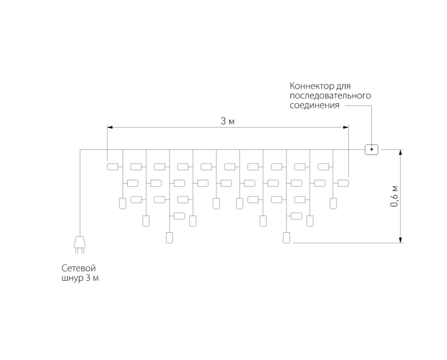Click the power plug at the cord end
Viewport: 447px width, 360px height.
click(79, 244)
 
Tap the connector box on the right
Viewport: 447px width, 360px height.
click(371, 150)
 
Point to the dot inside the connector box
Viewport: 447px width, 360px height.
click(371, 150)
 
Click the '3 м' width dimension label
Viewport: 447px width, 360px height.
click(228, 121)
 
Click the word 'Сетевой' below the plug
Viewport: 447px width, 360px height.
click(79, 268)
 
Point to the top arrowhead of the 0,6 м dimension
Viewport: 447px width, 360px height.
click(401, 153)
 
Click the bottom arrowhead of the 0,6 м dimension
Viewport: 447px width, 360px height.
click(401, 239)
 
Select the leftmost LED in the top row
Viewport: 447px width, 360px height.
click(112, 167)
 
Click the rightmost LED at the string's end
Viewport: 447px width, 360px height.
click(343, 183)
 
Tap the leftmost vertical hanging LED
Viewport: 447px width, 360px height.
click(123, 203)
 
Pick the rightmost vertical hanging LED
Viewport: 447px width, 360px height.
click(333, 203)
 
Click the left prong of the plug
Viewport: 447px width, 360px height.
click(76, 250)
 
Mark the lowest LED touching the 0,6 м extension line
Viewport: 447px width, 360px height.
click(286, 238)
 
